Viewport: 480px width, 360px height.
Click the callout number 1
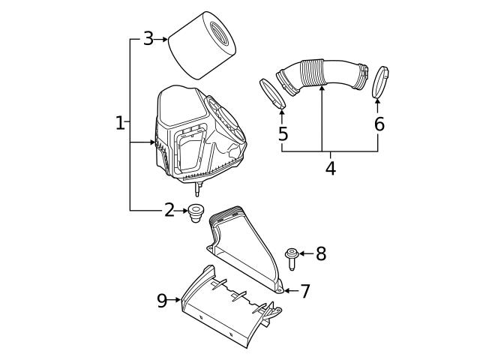(x=120, y=122)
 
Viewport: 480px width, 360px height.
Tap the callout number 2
(x=169, y=210)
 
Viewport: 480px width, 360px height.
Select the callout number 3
(x=148, y=39)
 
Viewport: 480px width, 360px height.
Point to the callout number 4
(x=330, y=167)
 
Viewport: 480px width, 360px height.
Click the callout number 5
(x=282, y=134)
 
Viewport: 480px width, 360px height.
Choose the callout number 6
(x=379, y=124)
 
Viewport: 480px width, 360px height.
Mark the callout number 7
(x=304, y=291)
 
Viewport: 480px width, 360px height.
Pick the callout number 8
(x=321, y=253)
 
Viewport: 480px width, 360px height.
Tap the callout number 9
(x=161, y=301)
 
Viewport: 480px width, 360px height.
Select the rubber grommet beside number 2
(x=197, y=212)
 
